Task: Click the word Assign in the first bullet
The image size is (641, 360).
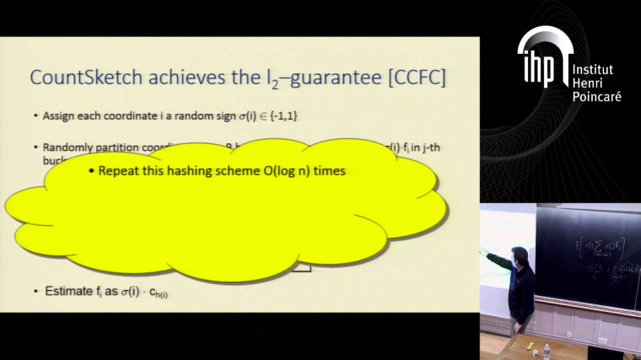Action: (58, 115)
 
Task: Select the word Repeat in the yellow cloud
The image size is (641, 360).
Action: (117, 170)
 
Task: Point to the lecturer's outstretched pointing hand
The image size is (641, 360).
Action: (485, 251)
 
